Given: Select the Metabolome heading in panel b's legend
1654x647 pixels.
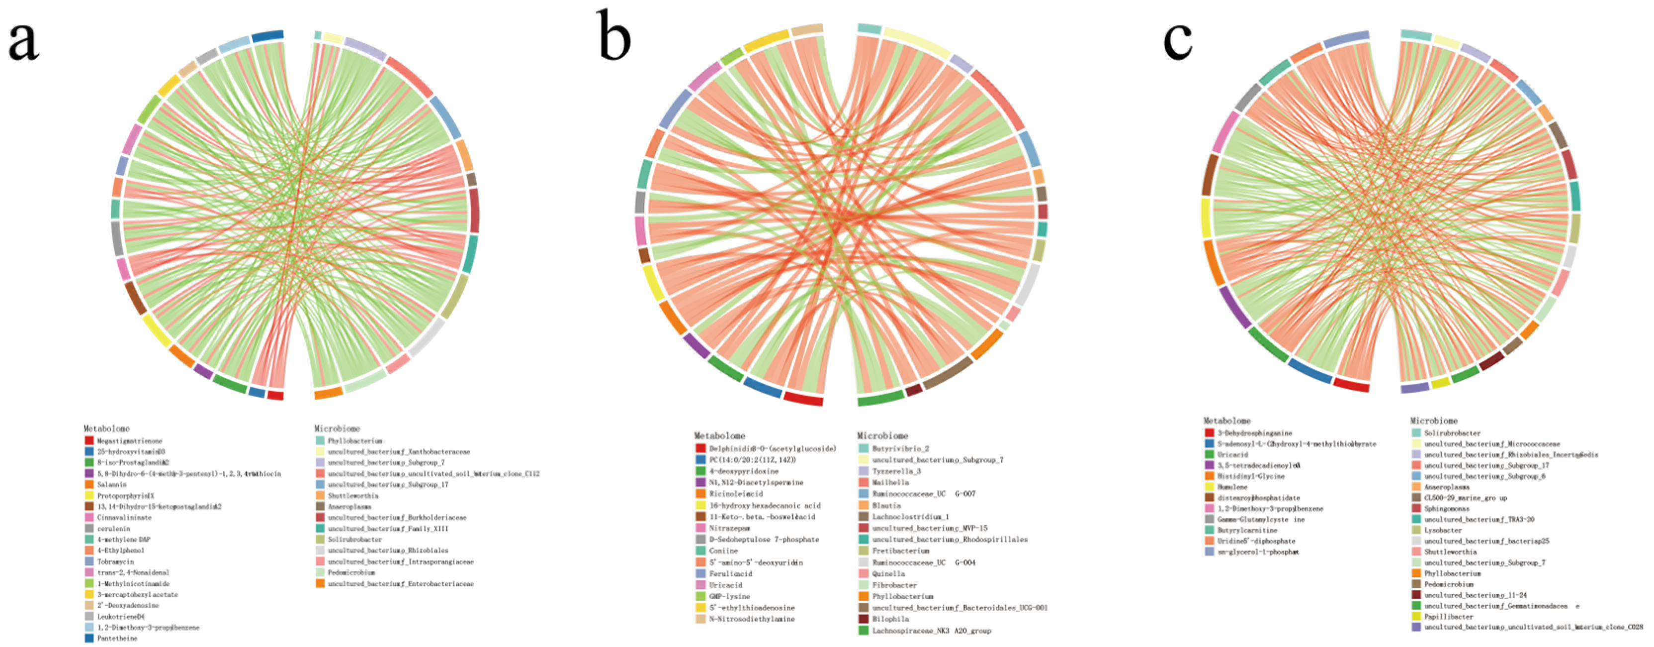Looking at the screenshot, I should (720, 435).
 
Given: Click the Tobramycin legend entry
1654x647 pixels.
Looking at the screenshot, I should (115, 561).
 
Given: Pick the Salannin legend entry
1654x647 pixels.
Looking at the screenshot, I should (112, 484).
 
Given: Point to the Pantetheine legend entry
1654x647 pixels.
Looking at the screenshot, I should (117, 638).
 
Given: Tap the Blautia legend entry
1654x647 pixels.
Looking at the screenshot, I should (886, 506).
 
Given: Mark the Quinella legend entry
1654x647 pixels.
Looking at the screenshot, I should (888, 574).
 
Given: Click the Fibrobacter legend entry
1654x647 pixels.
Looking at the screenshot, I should (894, 585).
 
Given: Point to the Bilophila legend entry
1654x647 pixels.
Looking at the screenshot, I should (890, 619).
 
